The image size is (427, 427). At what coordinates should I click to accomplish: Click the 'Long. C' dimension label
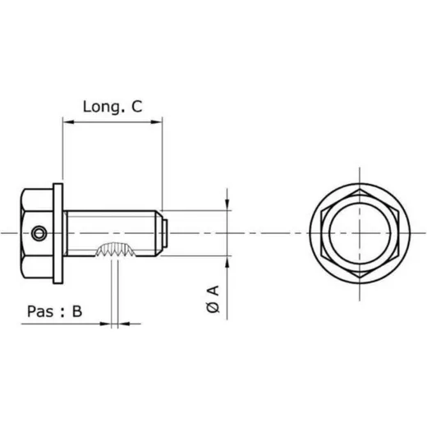[x=112, y=107]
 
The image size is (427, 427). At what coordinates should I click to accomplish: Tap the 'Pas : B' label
[x=54, y=311]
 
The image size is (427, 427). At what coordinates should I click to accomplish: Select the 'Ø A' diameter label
[x=213, y=299]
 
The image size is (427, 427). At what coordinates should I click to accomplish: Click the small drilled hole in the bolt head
[x=39, y=233]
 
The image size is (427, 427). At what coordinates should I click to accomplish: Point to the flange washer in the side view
[x=57, y=233]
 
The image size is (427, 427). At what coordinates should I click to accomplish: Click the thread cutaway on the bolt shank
[x=115, y=250]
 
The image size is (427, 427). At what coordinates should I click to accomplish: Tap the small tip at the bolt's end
[x=165, y=233]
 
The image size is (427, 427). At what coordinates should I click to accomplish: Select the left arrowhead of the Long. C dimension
[x=68, y=122]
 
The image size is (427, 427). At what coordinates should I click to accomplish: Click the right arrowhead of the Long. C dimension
[x=157, y=122]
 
